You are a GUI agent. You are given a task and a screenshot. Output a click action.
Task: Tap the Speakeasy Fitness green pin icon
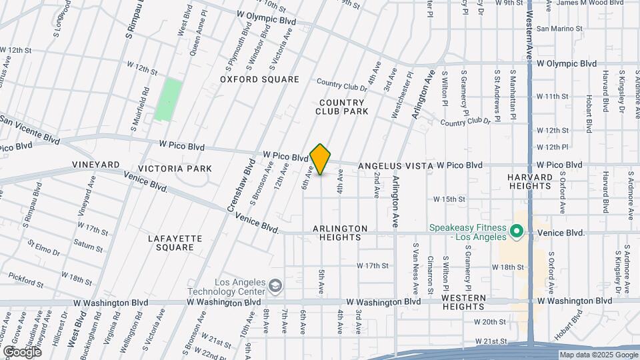coord(516,232)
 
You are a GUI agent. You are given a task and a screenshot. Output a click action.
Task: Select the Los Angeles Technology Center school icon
coord(274,287)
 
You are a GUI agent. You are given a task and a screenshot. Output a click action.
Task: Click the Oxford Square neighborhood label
coord(260,79)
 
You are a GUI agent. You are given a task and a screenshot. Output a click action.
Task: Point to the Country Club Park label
coord(342,107)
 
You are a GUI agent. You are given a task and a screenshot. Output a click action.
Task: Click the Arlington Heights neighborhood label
coord(340,233)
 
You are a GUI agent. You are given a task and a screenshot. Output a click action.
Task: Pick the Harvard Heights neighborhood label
coord(530,181)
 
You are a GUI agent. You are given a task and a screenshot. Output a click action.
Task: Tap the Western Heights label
coord(463,302)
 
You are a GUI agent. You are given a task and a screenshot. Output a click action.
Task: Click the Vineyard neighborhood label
coord(96,164)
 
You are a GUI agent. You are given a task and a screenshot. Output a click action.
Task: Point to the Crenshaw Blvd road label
coord(242,185)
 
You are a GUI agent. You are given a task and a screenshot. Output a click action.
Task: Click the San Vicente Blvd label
coord(30,129)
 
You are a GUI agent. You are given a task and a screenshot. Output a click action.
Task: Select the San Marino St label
coord(559,29)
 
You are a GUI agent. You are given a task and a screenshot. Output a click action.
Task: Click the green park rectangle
coord(168,99)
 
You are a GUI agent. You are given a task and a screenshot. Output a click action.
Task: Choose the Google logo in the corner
coord(21,351)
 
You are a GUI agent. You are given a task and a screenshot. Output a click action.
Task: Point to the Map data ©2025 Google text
coord(597,355)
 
